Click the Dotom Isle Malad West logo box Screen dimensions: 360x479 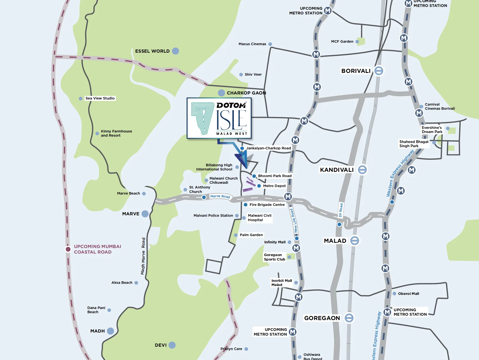[219, 118]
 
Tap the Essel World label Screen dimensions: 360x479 [152, 51]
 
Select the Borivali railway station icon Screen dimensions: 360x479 [379, 71]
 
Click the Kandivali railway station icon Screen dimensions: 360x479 [362, 170]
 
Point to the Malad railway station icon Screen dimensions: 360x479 [355, 241]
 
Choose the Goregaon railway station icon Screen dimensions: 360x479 [349, 318]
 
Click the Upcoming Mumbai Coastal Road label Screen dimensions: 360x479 [97, 249]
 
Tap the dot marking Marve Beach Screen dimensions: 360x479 [144, 193]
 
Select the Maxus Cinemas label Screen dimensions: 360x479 [252, 44]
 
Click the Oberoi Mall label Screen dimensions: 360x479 [408, 293]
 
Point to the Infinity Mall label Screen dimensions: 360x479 [275, 242]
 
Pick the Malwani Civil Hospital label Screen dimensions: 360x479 [259, 218]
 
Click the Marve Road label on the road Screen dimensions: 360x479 [220, 196]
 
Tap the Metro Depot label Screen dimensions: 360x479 [274, 186]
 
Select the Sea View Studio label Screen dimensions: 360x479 [100, 98]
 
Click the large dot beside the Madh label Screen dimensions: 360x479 [111, 331]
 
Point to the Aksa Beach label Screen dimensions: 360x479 [122, 282]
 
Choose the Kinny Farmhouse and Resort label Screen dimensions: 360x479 [116, 133]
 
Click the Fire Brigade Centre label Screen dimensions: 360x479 [267, 205]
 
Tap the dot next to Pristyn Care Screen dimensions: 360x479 [246, 349]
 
